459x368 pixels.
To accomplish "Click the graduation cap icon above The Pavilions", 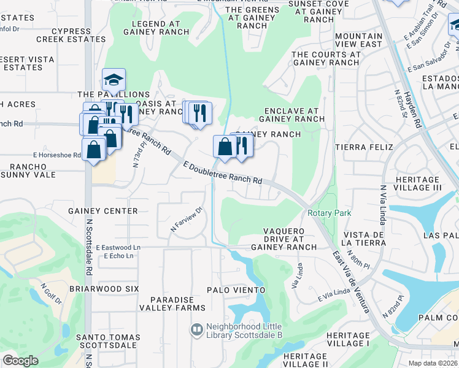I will tap(114, 80).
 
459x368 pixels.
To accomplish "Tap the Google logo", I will tap(20, 361).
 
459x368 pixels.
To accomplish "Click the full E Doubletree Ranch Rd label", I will tap(223, 172).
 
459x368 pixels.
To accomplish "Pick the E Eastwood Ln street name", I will tap(118, 247).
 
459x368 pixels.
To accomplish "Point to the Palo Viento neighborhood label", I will tap(236, 289).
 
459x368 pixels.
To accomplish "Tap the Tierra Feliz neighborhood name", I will tap(360, 147).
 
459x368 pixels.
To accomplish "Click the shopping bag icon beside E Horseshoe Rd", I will tap(93, 150).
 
